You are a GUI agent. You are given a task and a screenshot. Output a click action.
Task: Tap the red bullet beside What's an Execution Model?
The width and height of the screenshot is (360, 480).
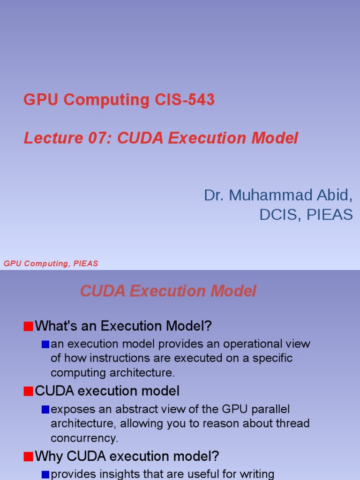[28, 326]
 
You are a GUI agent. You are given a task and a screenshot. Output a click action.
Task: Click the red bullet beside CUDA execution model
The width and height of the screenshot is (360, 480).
[28, 391]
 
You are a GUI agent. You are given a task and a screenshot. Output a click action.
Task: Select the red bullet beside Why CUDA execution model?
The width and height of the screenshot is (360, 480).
[28, 456]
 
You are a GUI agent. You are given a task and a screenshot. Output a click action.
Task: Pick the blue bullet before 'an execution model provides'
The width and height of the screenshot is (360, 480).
[45, 345]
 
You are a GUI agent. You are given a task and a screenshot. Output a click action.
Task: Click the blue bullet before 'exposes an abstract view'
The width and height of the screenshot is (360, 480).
[45, 410]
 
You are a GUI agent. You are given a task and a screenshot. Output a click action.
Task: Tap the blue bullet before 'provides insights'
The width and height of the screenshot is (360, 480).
[45, 475]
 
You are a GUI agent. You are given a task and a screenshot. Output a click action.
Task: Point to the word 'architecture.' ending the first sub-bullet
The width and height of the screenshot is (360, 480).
[112, 373]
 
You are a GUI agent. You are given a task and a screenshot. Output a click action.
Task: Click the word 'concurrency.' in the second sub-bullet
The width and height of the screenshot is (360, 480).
[84, 438]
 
